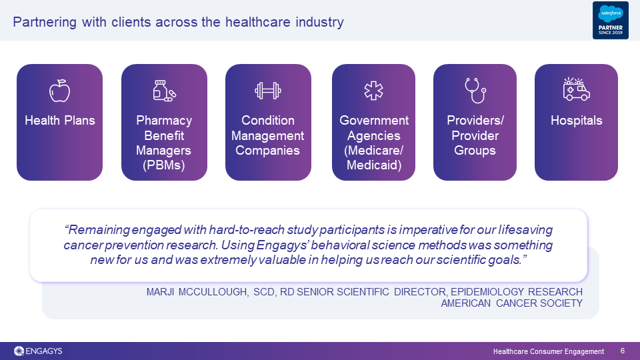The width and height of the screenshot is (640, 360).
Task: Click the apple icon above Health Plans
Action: [59, 91]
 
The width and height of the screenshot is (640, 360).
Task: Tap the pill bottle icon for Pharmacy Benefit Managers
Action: [164, 91]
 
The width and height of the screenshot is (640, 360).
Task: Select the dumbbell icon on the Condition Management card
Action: [268, 91]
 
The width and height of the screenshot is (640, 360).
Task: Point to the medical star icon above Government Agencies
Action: [373, 91]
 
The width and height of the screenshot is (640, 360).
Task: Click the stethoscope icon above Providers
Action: [475, 91]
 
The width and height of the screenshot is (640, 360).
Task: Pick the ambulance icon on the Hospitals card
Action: [576, 89]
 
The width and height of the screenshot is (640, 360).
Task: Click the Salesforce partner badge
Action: [611, 21]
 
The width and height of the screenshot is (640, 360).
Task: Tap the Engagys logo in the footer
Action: [38, 351]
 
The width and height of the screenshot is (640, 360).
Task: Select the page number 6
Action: [623, 351]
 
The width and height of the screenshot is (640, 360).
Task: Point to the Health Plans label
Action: [59, 121]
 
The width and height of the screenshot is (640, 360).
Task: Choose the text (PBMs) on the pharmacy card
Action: [164, 165]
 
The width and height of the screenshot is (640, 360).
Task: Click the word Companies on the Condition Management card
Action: [268, 150]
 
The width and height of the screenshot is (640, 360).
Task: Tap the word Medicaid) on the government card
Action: [374, 165]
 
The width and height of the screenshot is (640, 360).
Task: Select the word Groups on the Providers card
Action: [475, 150]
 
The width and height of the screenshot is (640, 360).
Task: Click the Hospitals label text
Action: [576, 121]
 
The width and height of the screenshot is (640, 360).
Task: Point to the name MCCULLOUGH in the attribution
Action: [213, 292]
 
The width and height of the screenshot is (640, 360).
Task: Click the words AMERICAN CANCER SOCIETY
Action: [512, 303]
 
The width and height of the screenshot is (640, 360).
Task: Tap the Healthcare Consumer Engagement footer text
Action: [549, 351]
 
